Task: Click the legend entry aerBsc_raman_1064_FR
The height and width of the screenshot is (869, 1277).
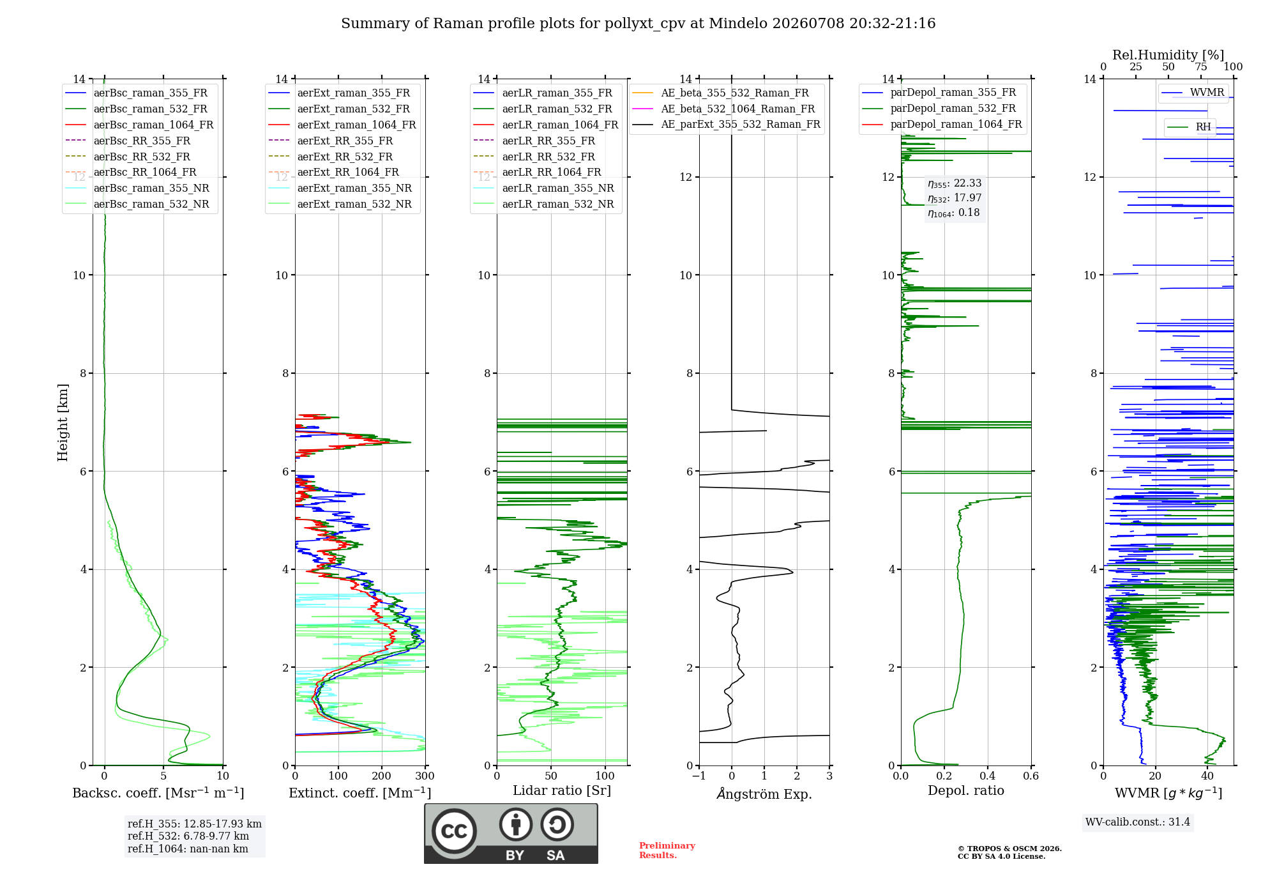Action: click(x=139, y=125)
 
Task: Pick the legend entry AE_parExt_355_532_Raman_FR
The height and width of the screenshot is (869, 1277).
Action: click(x=727, y=124)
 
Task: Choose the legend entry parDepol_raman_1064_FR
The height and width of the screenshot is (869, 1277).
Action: click(x=942, y=124)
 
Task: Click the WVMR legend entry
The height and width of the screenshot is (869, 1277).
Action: click(x=1193, y=93)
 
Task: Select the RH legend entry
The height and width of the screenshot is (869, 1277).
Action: click(x=1189, y=127)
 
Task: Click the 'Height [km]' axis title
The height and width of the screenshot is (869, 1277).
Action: click(x=63, y=422)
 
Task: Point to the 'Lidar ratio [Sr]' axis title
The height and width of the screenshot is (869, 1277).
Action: click(x=562, y=790)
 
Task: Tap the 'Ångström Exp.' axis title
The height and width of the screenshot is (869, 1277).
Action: click(x=764, y=794)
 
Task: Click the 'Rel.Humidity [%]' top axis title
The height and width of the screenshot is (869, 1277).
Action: click(x=1168, y=55)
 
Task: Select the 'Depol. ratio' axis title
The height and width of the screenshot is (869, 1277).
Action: click(x=966, y=790)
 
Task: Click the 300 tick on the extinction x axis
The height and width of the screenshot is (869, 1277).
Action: click(x=425, y=776)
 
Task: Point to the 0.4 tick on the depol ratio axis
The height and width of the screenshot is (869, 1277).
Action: click(x=988, y=776)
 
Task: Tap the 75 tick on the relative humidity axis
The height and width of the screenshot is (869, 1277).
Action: click(x=1201, y=67)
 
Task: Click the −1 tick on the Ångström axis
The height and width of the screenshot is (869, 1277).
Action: click(x=699, y=776)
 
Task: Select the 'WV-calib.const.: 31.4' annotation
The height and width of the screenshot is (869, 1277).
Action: click(x=1138, y=822)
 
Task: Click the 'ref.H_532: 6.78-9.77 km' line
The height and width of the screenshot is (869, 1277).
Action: click(x=188, y=836)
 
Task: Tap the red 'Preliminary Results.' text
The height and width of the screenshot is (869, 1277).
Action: click(x=667, y=850)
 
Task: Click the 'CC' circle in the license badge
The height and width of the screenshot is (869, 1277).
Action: click(x=454, y=831)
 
